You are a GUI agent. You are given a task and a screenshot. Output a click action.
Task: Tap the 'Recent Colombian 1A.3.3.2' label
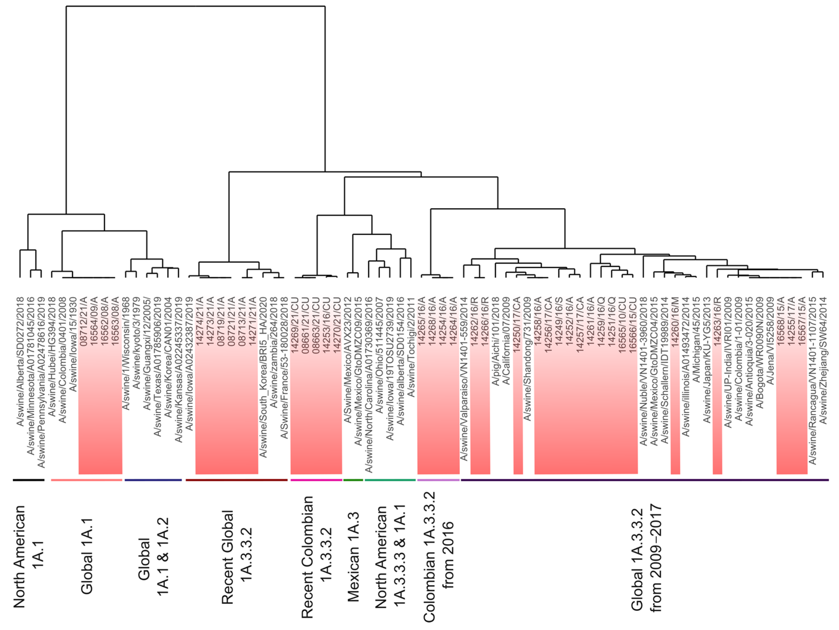[x=317, y=557]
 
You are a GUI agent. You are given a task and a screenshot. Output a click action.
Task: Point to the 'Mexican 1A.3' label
[x=353, y=557]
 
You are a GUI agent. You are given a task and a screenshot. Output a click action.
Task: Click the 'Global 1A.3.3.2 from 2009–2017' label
[x=646, y=557]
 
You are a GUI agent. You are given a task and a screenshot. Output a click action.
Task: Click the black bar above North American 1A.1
[x=29, y=480]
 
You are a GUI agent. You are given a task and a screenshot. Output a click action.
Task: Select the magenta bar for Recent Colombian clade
[x=316, y=480]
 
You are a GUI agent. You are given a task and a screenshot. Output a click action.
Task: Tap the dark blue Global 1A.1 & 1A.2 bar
[x=153, y=480]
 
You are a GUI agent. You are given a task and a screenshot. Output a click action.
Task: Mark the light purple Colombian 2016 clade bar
[x=438, y=480]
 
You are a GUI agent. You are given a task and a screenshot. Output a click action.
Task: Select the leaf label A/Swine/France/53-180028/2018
[x=284, y=368]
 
